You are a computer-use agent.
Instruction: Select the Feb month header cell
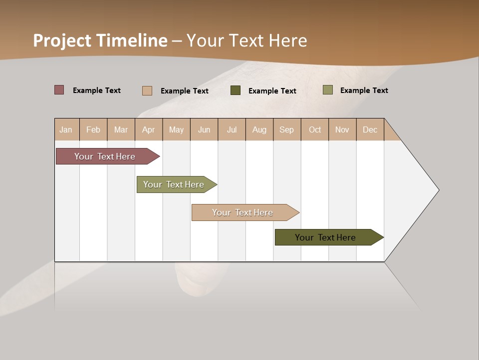pyautogui.click(x=93, y=129)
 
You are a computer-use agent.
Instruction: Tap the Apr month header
pyautogui.click(x=149, y=129)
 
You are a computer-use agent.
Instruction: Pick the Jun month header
pyautogui.click(x=204, y=129)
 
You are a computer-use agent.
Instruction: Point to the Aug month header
pyautogui.click(x=259, y=129)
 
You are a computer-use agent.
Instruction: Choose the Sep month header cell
pyautogui.click(x=287, y=129)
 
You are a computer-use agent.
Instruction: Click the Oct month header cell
pyautogui.click(x=315, y=129)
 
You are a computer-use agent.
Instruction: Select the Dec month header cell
pyautogui.click(x=370, y=129)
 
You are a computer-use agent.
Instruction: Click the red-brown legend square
pyautogui.click(x=59, y=90)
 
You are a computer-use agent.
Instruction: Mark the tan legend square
pyautogui.click(x=147, y=90)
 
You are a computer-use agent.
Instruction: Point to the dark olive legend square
pyautogui.click(x=236, y=90)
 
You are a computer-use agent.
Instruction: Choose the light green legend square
pyautogui.click(x=327, y=90)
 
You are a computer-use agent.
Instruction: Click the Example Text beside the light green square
pyautogui.click(x=364, y=90)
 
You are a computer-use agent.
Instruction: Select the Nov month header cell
pyautogui.click(x=342, y=129)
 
